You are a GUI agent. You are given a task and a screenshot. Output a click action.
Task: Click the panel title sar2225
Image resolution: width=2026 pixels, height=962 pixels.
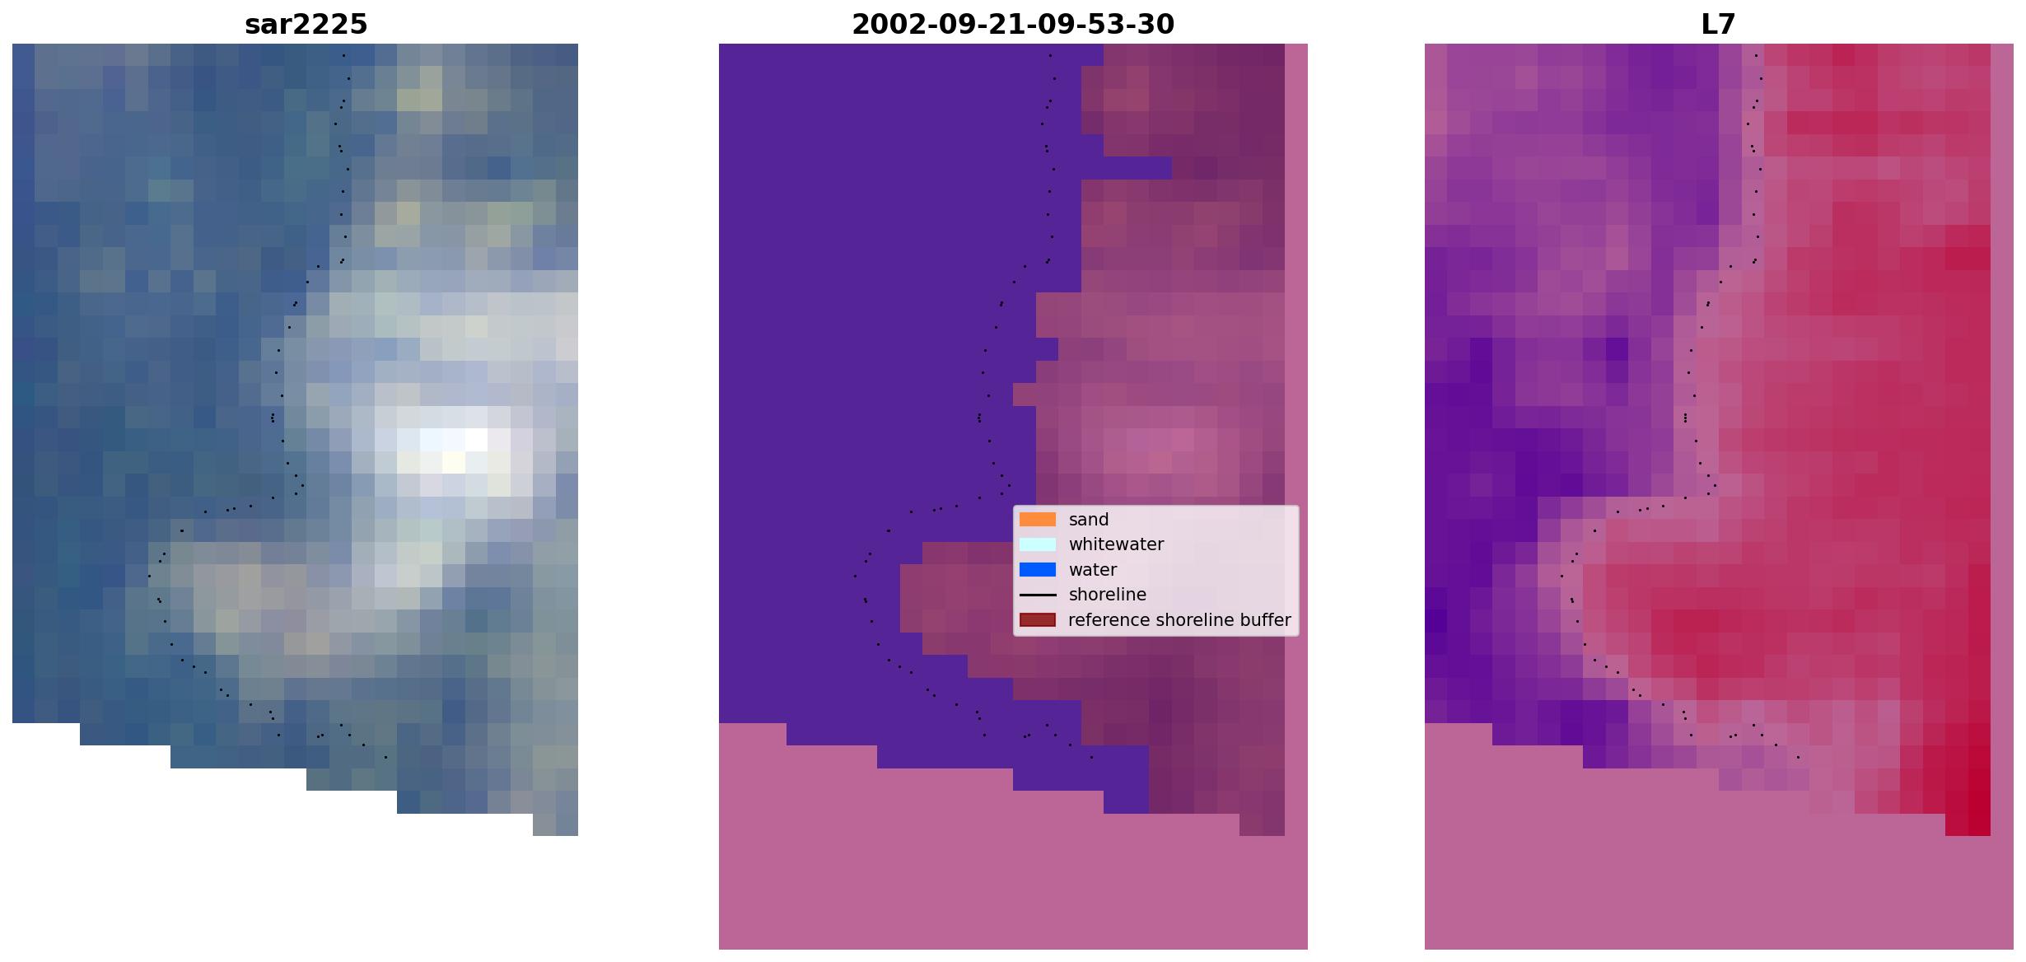pyautogui.click(x=306, y=25)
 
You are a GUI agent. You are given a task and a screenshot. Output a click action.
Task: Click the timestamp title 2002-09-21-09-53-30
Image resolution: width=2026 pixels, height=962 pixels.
pyautogui.click(x=1012, y=25)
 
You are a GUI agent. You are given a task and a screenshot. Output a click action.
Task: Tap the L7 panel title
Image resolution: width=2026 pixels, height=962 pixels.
pyautogui.click(x=1718, y=25)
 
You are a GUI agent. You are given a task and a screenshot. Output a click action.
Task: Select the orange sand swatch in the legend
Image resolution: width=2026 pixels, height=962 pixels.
pyautogui.click(x=1038, y=520)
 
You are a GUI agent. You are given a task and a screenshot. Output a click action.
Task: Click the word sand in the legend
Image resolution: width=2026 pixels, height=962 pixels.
pyautogui.click(x=1088, y=520)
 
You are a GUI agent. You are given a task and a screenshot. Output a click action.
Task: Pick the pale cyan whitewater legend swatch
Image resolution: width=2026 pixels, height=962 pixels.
pyautogui.click(x=1038, y=544)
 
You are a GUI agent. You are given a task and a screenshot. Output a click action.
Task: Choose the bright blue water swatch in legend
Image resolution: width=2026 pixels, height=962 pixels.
pyautogui.click(x=1038, y=570)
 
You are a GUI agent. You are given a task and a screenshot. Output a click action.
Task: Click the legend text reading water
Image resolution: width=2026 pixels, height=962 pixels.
pyautogui.click(x=1092, y=570)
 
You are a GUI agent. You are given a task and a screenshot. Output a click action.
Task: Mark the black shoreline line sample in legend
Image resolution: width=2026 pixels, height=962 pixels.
pyautogui.click(x=1038, y=595)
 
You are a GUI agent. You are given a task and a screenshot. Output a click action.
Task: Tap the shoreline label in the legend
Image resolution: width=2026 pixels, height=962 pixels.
pyautogui.click(x=1107, y=595)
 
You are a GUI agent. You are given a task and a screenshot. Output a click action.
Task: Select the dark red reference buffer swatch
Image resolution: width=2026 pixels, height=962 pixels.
pyautogui.click(x=1038, y=620)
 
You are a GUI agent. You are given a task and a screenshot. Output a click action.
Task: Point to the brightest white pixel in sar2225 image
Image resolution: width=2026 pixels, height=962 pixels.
pyautogui.click(x=476, y=440)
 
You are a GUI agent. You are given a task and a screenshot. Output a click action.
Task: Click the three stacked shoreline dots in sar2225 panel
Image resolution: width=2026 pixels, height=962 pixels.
pyautogui.click(x=273, y=418)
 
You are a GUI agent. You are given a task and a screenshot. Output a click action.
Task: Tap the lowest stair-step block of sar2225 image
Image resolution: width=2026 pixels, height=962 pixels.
pyautogui.click(x=555, y=824)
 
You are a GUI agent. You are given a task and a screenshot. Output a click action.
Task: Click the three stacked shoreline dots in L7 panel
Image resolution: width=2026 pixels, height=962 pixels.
pyautogui.click(x=1685, y=418)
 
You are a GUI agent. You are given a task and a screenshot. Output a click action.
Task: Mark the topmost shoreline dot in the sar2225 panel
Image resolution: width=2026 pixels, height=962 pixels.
pyautogui.click(x=343, y=56)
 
